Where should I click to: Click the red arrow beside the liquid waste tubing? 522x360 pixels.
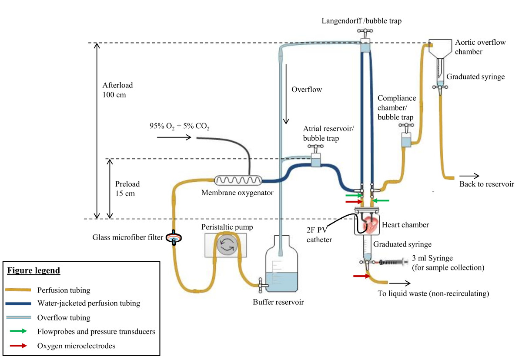[x=359, y=276]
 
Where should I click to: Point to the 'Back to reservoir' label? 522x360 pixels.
[x=486, y=184]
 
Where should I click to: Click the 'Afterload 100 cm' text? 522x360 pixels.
[x=114, y=90]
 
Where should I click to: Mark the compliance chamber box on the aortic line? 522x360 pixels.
[x=407, y=140]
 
